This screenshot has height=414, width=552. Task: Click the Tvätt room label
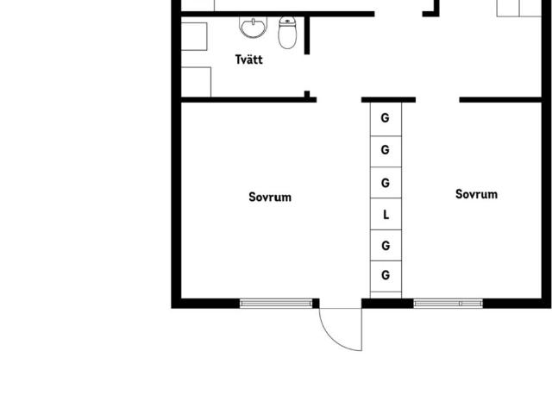point(249,60)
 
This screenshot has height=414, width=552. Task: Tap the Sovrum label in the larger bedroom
point(270,197)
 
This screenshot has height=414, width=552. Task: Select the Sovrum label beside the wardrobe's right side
point(476,194)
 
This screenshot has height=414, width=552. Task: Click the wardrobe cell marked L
point(386,214)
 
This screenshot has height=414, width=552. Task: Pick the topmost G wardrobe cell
point(386,119)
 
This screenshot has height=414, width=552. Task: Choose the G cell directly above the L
point(386,183)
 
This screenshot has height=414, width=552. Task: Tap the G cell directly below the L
point(386,245)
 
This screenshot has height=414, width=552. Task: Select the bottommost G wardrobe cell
point(386,276)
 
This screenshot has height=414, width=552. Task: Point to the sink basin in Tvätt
point(253,27)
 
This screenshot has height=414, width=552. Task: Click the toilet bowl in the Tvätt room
point(287,36)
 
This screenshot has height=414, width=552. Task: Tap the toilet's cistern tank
point(287,21)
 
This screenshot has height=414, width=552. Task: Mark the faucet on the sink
point(253,22)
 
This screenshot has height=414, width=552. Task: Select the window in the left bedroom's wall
point(276,303)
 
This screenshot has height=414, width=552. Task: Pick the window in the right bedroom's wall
point(448,303)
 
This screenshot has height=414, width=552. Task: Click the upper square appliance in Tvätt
point(193,36)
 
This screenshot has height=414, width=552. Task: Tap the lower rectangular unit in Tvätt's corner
point(196,82)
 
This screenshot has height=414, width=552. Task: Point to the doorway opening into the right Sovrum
point(437,100)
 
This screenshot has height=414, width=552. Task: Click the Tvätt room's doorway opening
point(307,72)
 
